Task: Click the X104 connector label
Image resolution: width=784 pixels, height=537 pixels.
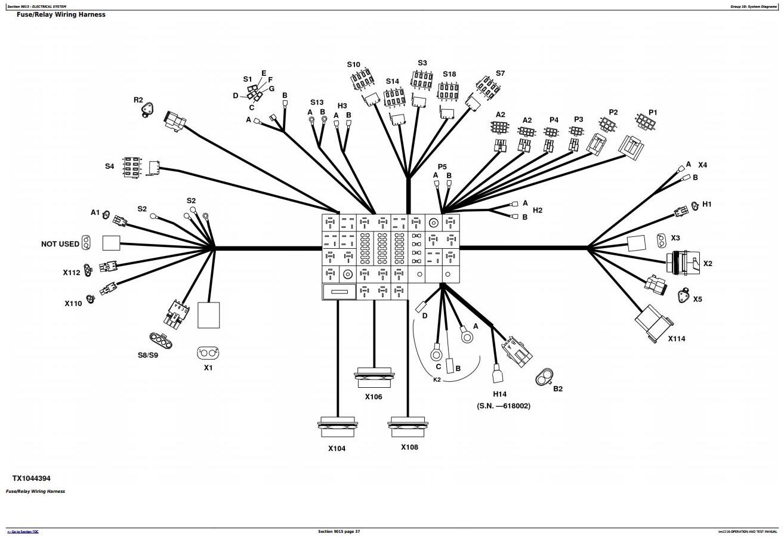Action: pos(337,449)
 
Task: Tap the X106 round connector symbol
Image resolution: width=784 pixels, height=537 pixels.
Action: pos(374,378)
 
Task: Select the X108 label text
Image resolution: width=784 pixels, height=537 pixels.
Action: pos(409,447)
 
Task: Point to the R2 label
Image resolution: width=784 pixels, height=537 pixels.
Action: pos(138,100)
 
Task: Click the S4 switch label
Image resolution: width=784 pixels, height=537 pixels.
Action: pos(109,166)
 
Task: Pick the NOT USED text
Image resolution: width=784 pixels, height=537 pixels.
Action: pos(60,244)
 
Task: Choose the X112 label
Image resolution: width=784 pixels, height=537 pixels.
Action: pos(72,273)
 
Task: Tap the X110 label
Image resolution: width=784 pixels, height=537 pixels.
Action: pos(73,304)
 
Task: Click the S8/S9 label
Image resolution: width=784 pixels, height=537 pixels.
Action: pos(148,356)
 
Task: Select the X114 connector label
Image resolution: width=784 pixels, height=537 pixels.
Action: pos(676,339)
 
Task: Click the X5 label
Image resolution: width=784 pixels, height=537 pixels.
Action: pos(697,300)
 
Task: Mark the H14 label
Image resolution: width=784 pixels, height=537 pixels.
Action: pos(499,394)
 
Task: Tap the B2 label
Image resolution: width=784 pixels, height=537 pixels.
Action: pos(558,389)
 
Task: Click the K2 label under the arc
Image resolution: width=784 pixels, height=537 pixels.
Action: pos(437,379)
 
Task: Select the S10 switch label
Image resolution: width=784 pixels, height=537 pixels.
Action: pos(353,64)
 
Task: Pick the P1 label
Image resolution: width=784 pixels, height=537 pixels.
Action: pos(653,112)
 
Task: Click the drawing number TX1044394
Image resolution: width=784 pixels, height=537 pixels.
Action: pos(32,479)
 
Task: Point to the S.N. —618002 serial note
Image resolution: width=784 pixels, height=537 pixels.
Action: pos(503,406)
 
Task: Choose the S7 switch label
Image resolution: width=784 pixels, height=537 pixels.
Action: pos(500,73)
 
